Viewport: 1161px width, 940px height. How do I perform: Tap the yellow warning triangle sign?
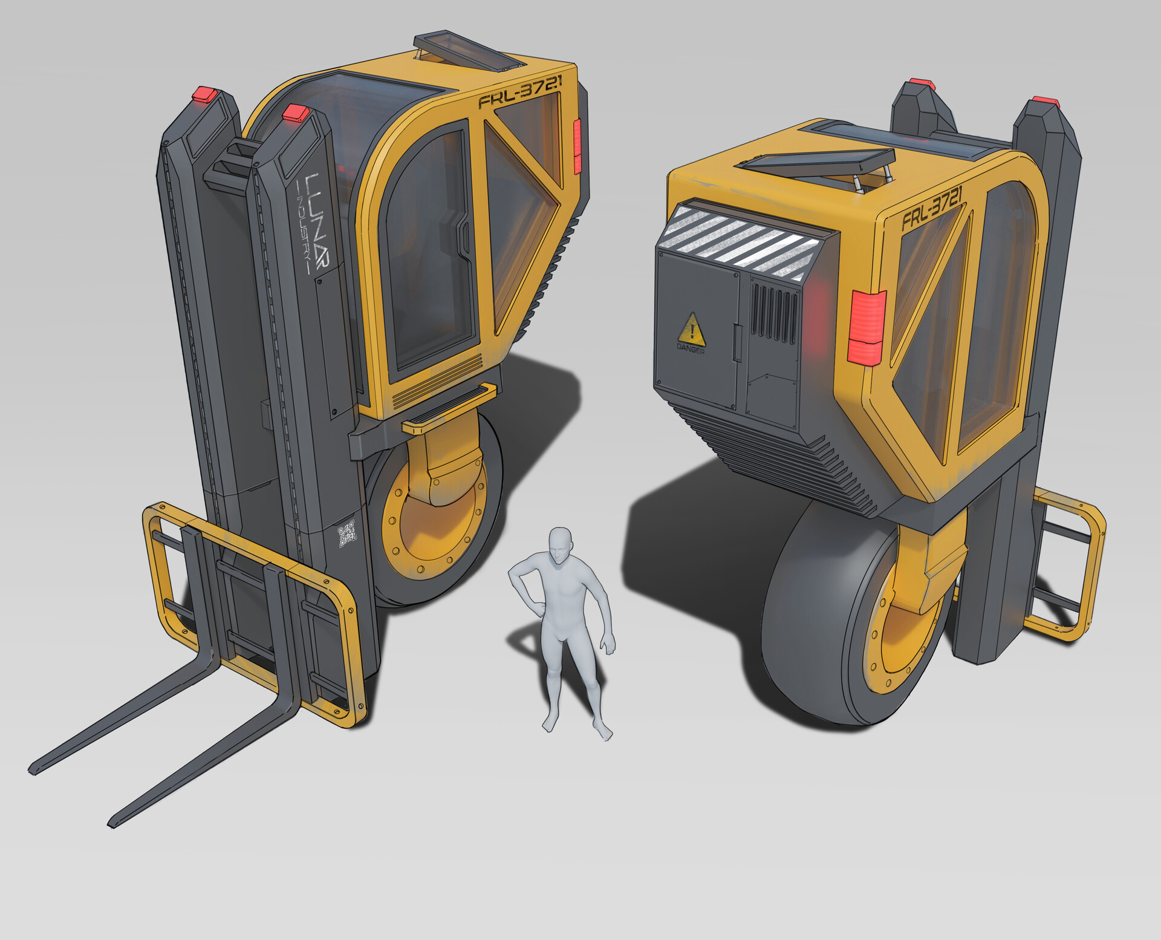(x=691, y=329)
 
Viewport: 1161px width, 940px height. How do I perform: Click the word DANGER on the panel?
(x=691, y=349)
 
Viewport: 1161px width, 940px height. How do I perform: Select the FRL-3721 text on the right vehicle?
(x=932, y=208)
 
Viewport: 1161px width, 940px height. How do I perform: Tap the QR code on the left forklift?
(x=347, y=534)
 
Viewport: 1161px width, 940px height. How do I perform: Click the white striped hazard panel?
(x=741, y=241)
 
